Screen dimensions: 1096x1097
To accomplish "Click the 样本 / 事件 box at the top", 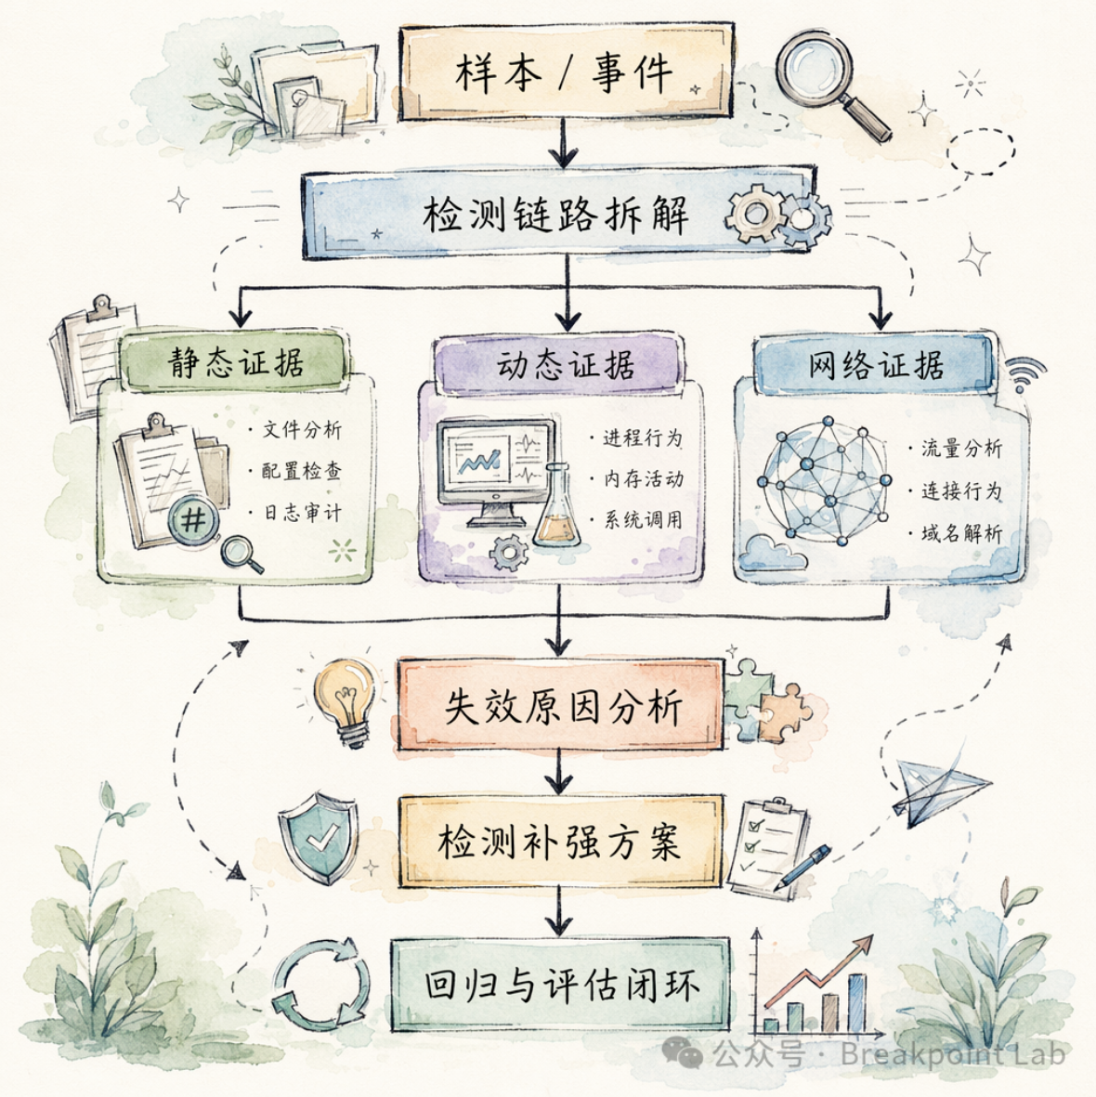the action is coord(565,72).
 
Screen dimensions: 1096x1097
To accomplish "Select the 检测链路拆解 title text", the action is coord(556,214).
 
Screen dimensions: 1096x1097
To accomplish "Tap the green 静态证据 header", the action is coord(236,361).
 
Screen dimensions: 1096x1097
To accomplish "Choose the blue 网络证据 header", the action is coord(875,364).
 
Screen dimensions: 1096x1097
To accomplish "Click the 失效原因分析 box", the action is coord(560,707).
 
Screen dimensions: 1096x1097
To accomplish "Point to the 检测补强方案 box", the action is coord(560,842).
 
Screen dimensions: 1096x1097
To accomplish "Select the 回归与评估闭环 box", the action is coord(560,985).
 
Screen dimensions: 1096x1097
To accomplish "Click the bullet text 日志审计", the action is coord(303,513).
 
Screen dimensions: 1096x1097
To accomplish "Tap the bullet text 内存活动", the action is coord(644,478).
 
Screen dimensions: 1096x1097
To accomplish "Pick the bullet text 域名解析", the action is coord(961,534).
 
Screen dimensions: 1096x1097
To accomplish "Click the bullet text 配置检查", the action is coord(302,471).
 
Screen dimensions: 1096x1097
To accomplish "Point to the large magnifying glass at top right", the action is coord(831,84).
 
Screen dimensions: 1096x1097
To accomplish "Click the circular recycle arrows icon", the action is coord(320,986).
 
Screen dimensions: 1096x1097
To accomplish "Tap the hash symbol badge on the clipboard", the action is coord(194,520).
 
